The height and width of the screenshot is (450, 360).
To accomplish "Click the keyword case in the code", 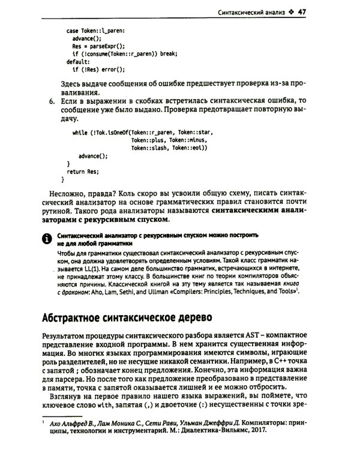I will click(70, 28).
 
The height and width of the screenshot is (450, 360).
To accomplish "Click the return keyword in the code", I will click(76, 171).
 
